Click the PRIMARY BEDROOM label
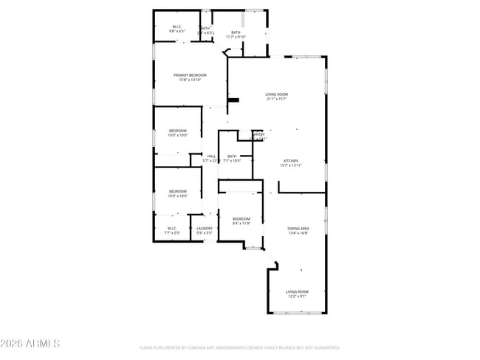coord(190,75)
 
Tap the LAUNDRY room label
coord(205,228)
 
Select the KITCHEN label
coord(291,161)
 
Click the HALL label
coord(211,156)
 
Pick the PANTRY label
coord(258,134)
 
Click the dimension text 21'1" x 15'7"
coord(277,99)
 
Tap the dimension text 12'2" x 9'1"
coord(298,297)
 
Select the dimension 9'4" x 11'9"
coord(241,224)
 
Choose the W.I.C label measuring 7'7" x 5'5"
coord(171,232)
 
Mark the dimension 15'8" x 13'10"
coord(190,80)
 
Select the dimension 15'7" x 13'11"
coord(291,165)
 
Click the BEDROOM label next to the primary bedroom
coord(177,131)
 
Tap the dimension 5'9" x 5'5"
coord(205,232)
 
